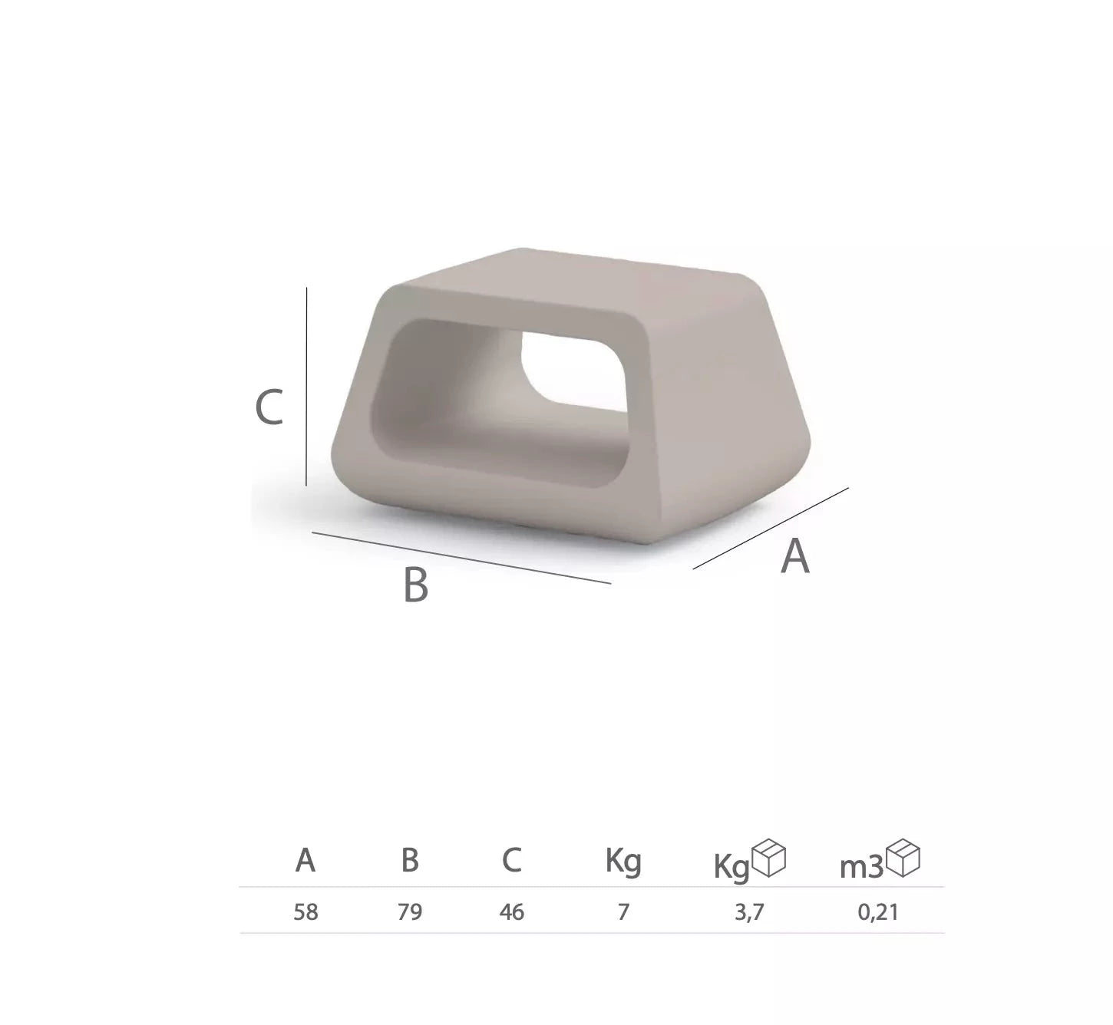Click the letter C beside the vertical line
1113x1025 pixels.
(269, 407)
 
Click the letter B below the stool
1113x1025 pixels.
(415, 585)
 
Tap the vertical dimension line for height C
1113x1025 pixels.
(306, 387)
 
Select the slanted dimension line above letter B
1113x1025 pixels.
(461, 557)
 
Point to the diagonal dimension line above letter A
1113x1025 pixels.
(771, 528)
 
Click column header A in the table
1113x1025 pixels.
(305, 861)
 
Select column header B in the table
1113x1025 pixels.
(410, 861)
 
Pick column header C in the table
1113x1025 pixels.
(512, 861)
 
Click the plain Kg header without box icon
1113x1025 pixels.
(623, 862)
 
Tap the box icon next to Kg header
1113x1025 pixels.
(769, 859)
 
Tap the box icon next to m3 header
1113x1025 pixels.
(903, 859)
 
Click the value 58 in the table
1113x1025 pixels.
(305, 912)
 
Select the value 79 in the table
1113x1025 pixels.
(410, 912)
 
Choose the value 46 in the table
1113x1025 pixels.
(512, 912)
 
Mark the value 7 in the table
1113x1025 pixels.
(623, 912)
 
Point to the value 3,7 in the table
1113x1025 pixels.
(749, 912)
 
